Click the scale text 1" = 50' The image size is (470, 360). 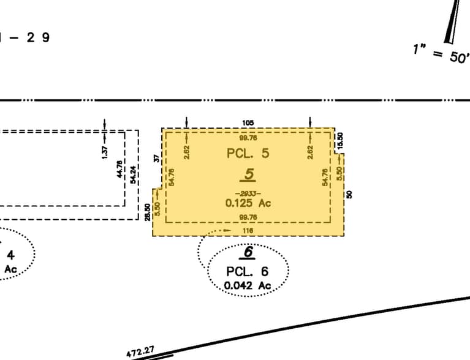(440, 54)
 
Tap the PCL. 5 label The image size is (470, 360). (248, 153)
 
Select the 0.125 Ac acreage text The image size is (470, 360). (248, 203)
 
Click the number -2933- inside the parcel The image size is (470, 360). (248, 193)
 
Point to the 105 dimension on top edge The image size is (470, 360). (248, 123)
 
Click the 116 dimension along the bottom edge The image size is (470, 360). (248, 230)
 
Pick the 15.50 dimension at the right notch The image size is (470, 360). (340, 140)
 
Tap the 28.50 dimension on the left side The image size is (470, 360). (148, 212)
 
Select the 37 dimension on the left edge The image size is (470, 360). (156, 159)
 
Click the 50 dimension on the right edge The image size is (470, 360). (349, 194)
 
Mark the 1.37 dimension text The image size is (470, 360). (105, 152)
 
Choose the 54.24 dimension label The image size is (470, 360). (133, 174)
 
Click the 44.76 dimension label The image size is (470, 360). (119, 169)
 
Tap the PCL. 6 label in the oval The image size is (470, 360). (248, 272)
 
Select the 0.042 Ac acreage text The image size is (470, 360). (248, 285)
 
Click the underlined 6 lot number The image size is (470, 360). (248, 252)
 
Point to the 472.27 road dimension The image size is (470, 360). (140, 352)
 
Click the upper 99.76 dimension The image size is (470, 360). (248, 138)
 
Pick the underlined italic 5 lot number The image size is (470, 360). (248, 174)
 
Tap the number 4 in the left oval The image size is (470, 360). (10, 255)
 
